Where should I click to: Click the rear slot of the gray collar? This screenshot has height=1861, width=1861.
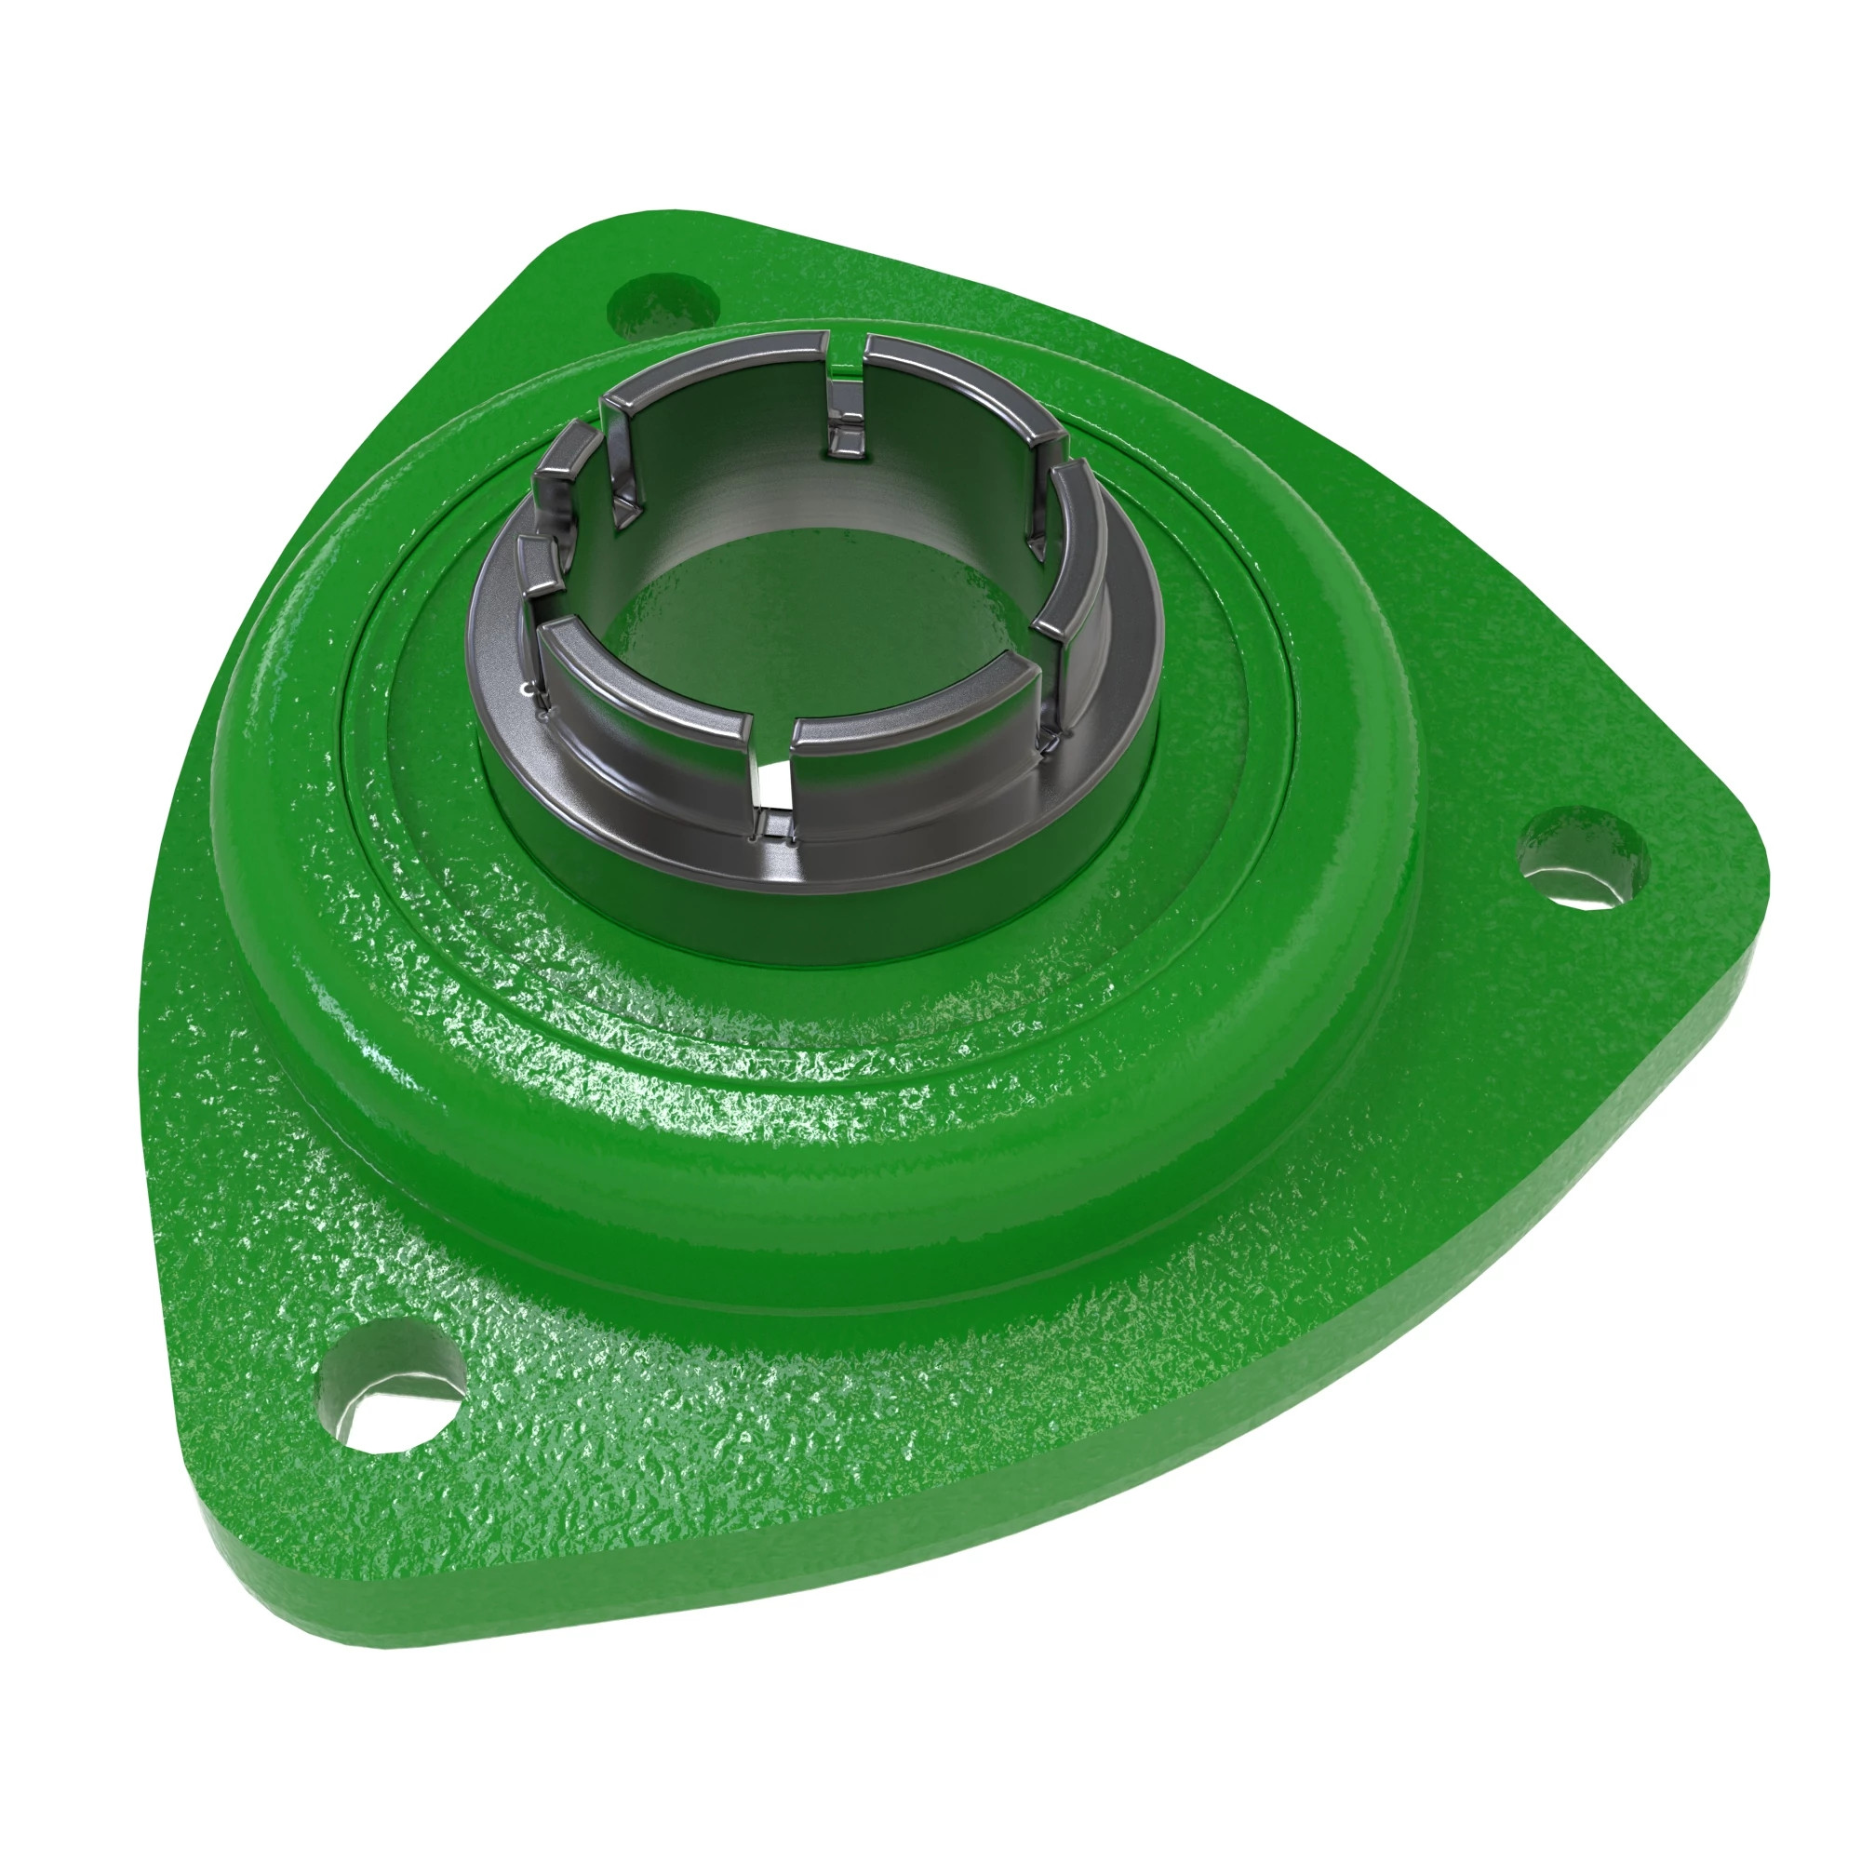pos(848,385)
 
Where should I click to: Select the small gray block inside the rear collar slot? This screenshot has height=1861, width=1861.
pos(847,438)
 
